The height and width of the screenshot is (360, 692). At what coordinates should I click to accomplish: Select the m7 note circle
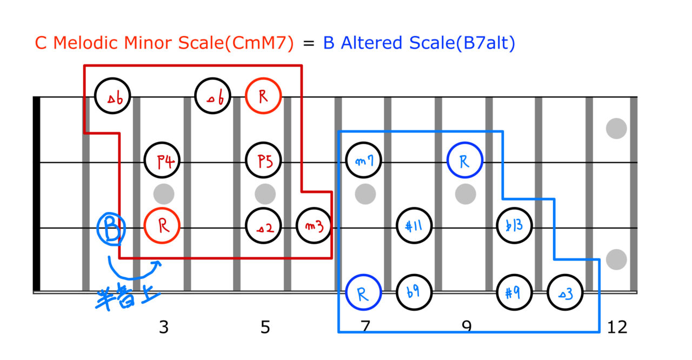(x=363, y=161)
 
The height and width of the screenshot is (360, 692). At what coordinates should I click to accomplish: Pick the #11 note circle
(x=414, y=226)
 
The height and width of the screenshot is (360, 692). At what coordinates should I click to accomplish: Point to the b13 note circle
(x=514, y=226)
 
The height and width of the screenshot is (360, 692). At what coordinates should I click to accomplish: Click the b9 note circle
(x=414, y=292)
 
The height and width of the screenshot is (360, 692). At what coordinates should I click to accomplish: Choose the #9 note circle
(x=514, y=292)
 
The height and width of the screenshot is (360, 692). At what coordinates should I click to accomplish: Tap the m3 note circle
(x=314, y=226)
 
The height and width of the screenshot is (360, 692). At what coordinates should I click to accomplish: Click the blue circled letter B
(x=111, y=228)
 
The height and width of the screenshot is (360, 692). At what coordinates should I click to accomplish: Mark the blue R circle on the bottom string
(x=363, y=292)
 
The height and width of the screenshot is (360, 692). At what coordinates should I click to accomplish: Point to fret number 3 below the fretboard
(x=163, y=328)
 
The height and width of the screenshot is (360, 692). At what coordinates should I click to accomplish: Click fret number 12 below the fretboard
(x=617, y=328)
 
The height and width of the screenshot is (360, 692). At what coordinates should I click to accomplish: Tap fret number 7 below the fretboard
(x=365, y=328)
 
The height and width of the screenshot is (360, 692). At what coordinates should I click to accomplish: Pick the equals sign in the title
(x=308, y=44)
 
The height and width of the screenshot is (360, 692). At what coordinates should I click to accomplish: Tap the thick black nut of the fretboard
(x=37, y=194)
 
